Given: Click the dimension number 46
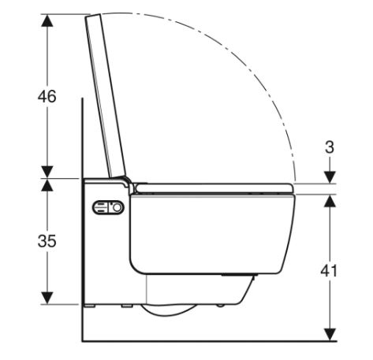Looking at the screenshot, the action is tap(47, 96).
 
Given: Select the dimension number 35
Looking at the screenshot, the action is tap(47, 241).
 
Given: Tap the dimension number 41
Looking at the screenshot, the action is tap(329, 270).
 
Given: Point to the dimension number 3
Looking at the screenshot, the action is tap(330, 147).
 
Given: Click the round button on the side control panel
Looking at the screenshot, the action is tap(117, 208).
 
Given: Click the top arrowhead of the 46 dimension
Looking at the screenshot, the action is tap(47, 20).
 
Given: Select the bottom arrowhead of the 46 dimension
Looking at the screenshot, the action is tap(47, 172).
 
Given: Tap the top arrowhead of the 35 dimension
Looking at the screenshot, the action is tap(47, 185).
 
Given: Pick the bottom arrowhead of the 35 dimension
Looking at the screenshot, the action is tap(47, 298).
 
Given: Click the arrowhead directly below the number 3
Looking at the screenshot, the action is tap(330, 177).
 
